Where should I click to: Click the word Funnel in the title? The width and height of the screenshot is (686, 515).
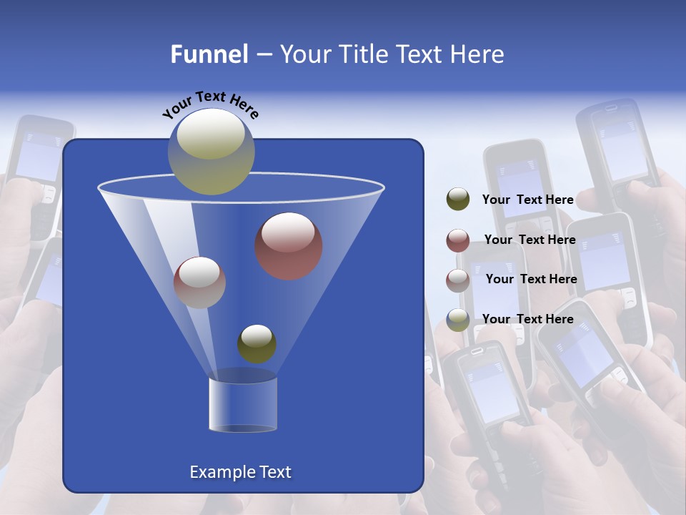pos(209,54)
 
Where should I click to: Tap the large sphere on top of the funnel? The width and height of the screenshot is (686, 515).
pos(212,151)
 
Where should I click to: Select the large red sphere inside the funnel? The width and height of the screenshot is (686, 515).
pos(289,246)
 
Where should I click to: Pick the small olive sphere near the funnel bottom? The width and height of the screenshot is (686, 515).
pos(257,343)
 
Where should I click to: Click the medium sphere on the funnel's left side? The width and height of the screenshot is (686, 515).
pos(199,282)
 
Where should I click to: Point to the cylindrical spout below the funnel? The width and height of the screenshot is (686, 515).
pos(243,405)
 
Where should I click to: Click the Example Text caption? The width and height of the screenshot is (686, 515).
pos(240,472)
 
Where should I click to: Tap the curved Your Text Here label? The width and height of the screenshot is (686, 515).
pos(210,105)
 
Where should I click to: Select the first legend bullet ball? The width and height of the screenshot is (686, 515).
pos(458,200)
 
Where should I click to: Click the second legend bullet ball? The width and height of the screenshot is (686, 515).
pos(458,240)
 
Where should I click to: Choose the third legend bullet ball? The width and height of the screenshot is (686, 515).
pos(458,280)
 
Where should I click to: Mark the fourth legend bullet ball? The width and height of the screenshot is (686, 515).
pos(458,320)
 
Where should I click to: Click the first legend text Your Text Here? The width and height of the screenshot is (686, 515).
pos(527,200)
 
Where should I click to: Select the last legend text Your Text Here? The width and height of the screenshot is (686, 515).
pos(527,319)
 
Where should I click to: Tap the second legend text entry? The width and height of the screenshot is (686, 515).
pos(530,240)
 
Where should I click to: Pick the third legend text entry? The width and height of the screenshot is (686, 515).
pos(531,279)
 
